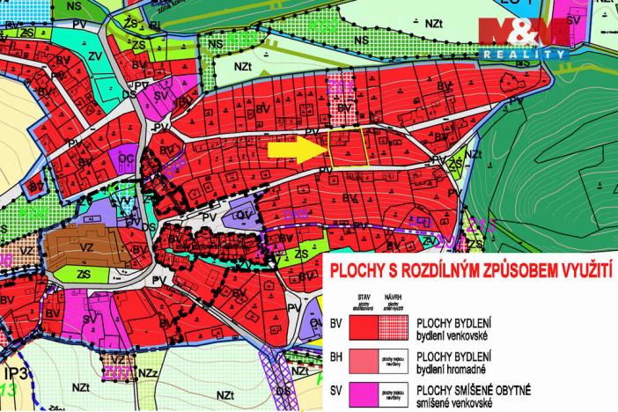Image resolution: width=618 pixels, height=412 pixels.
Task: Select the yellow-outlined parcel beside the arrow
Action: pos(347,148)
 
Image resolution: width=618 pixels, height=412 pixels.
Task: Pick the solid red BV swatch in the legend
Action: pos(363,327)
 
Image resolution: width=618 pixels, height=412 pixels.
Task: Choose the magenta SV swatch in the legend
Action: pos(363,394)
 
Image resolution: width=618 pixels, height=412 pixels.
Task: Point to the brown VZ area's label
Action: pos(88,249)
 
